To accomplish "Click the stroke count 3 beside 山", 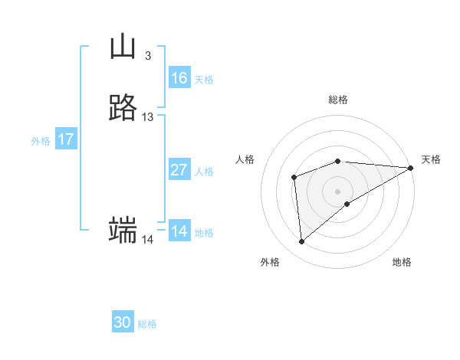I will click(147, 56).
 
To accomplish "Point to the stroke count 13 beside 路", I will click(148, 117).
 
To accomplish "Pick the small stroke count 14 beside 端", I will click(148, 240).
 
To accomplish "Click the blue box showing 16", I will click(179, 78).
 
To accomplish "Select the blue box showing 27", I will click(179, 170).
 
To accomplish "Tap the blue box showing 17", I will click(66, 139).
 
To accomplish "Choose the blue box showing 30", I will click(123, 322).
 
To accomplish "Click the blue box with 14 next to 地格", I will click(179, 231).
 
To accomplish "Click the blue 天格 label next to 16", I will click(204, 80).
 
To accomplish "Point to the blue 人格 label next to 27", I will click(205, 172).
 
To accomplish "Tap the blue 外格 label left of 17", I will click(41, 141).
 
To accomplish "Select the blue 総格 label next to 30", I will click(148, 324).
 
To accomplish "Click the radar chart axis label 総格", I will click(338, 100).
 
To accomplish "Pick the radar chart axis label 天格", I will click(431, 159).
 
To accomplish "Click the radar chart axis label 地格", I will click(402, 262).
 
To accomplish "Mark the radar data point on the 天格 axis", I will click(410, 168).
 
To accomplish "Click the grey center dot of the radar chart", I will click(338, 191).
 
